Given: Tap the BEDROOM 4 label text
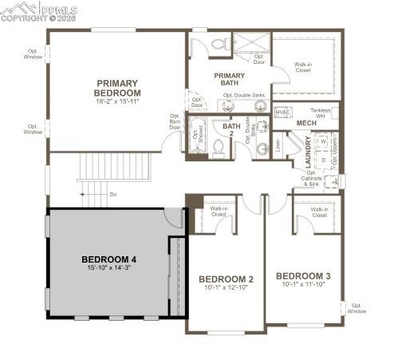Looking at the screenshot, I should (x=109, y=259).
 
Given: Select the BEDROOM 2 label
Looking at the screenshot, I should (x=226, y=279).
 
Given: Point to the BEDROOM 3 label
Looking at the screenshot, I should (x=303, y=276).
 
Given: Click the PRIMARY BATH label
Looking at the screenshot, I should (x=229, y=79).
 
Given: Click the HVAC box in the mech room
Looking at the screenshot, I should (x=282, y=113).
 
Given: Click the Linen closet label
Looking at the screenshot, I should (x=277, y=144).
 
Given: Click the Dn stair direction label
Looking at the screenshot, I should (x=113, y=194).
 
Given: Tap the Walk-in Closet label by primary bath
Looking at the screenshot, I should (x=303, y=67).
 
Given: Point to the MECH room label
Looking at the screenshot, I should (x=306, y=124).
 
